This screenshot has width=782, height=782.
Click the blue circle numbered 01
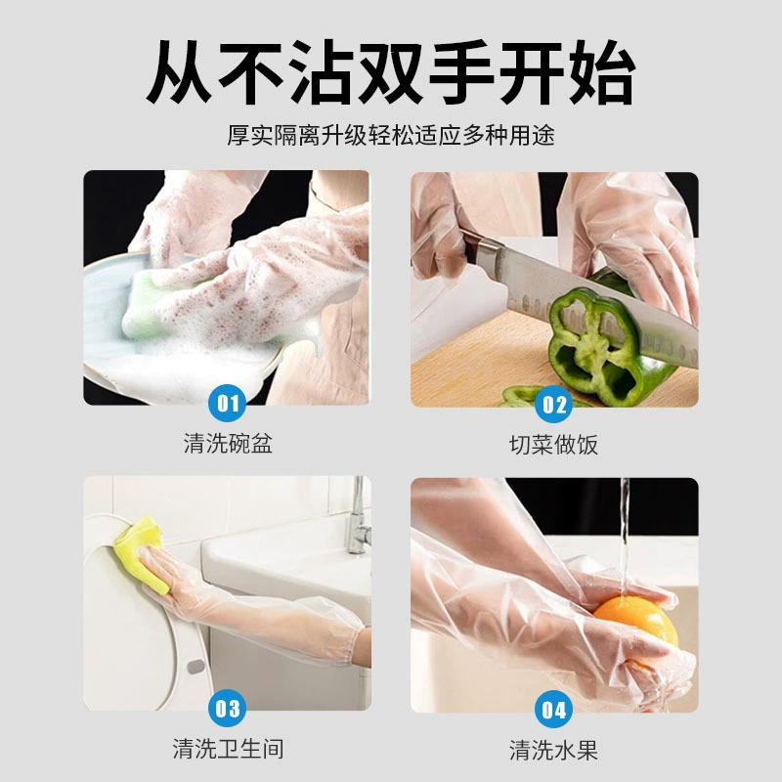pos(227,403)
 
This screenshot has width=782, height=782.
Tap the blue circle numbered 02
pos(553,404)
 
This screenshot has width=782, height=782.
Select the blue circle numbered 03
pos(227,708)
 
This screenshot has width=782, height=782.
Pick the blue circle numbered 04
pos(553,710)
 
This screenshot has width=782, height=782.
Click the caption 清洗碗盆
pos(228,444)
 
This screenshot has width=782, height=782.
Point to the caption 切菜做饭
pos(553,445)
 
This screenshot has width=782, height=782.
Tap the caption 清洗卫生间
pos(228,749)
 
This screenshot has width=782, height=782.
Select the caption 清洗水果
pos(553,750)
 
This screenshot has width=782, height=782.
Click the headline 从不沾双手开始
pos(390,71)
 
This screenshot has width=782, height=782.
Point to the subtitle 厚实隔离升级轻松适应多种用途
pos(390,135)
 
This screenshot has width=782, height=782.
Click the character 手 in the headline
pos(461,71)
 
